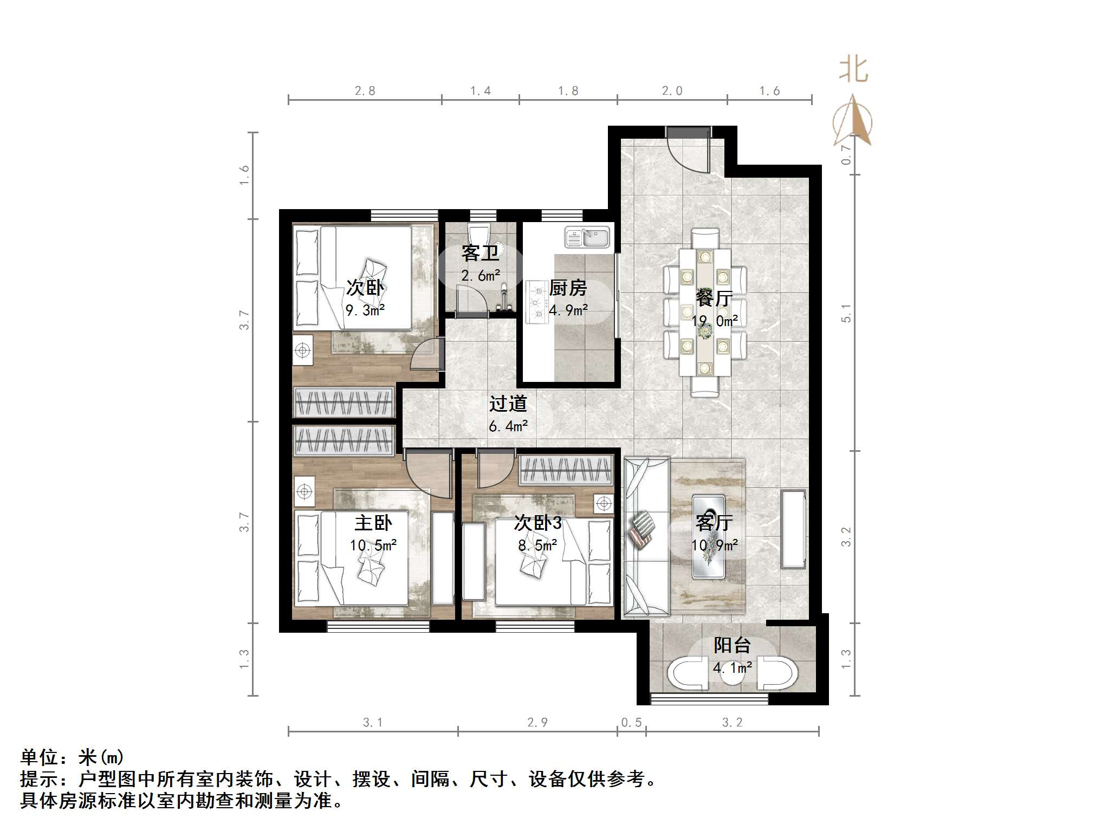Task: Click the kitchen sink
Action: pyautogui.click(x=587, y=237)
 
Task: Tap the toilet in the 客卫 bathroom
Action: pyautogui.click(x=480, y=236)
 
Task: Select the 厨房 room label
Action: pyautogui.click(x=568, y=288)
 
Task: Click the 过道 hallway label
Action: pyautogui.click(x=508, y=404)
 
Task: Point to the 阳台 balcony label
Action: pyautogui.click(x=732, y=645)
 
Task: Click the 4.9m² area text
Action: pyautogui.click(x=568, y=310)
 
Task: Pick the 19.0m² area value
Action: pyautogui.click(x=714, y=321)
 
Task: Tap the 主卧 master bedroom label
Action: pyautogui.click(x=373, y=523)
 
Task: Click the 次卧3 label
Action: pyautogui.click(x=537, y=523)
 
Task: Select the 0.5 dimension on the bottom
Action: pyautogui.click(x=631, y=722)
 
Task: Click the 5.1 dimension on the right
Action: pyautogui.click(x=846, y=313)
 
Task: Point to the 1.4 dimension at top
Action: pyautogui.click(x=481, y=91)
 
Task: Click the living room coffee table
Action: pyautogui.click(x=709, y=536)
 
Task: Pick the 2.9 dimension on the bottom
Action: pyautogui.click(x=537, y=722)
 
